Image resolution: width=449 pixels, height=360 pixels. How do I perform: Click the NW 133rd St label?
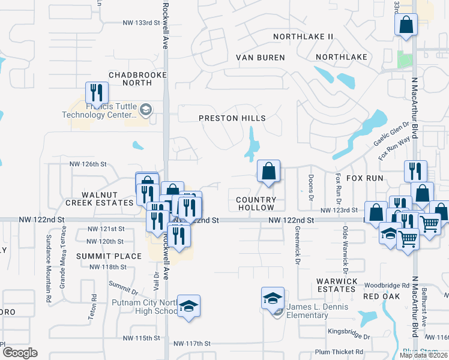click(142, 23)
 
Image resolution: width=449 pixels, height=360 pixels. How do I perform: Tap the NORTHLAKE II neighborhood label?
click(303, 37)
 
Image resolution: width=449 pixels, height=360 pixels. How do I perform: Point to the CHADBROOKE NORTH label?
click(130, 79)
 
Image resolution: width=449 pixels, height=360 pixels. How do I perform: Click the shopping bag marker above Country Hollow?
click(268, 171)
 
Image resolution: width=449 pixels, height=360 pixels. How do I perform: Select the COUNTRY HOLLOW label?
click(256, 203)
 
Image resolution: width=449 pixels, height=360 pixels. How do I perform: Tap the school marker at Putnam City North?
click(188, 306)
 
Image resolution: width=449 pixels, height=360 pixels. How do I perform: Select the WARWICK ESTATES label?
click(337, 284)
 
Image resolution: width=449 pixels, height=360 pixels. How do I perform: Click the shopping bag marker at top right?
click(406, 25)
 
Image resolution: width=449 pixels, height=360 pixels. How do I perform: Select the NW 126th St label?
click(88, 164)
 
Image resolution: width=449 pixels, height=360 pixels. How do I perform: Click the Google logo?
click(19, 353)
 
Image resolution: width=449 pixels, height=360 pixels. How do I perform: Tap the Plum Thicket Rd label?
click(339, 352)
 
